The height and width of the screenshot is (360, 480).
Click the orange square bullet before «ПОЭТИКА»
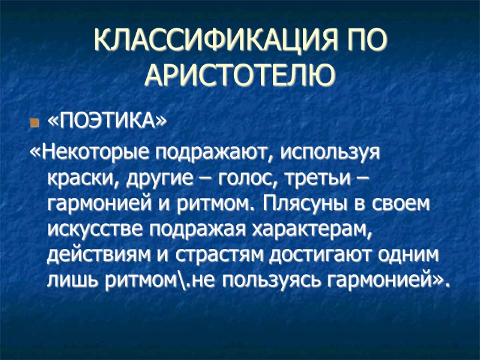pos(34,124)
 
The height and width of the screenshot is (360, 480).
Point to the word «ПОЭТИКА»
pos(104,122)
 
